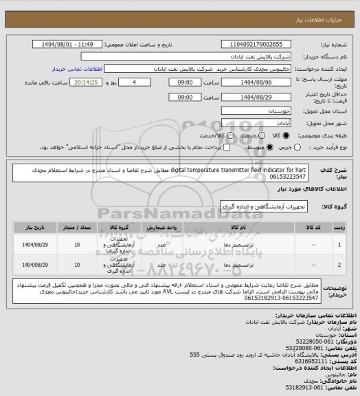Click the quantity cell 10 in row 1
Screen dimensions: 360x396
76,243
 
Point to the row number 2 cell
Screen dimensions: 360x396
341,263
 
